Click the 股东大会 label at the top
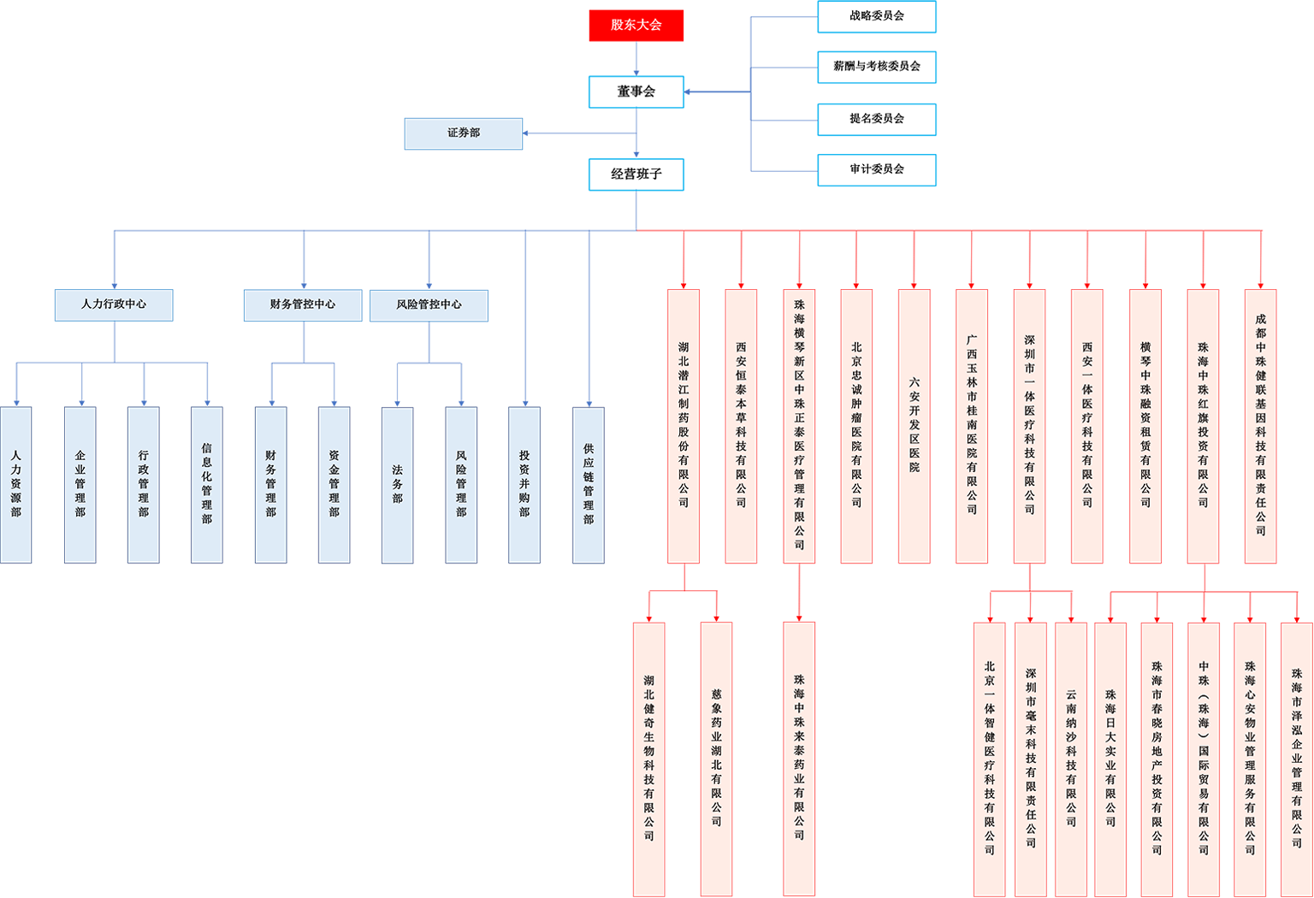636,25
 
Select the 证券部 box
463,133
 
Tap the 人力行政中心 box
114,304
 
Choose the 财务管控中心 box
303,304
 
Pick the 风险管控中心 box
429,304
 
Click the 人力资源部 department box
15,484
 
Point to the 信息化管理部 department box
206,484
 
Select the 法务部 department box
397,484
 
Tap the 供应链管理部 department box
588,484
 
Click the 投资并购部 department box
524,484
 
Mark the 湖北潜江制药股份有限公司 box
684,426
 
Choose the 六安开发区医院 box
914,426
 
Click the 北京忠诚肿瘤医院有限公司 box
856,426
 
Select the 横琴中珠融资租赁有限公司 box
1145,426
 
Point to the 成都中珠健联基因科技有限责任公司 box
1260,426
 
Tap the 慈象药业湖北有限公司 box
716,758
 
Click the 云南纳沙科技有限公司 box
1071,758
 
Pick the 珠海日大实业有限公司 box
1110,758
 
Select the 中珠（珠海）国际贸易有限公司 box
1204,758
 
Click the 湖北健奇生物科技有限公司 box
649,758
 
